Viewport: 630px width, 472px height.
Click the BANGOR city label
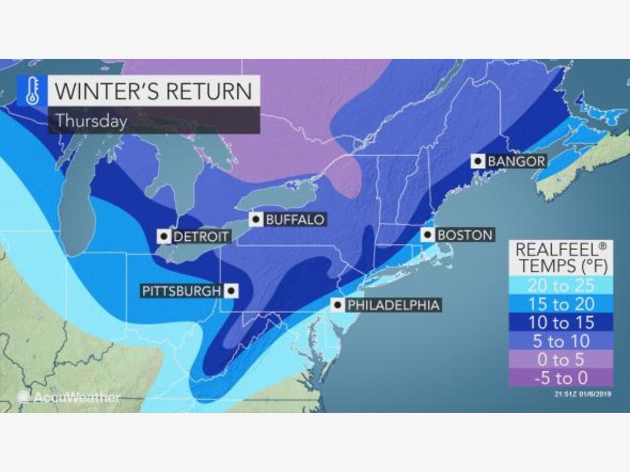517,160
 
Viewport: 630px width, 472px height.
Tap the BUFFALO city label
295,219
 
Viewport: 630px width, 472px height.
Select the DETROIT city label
201,237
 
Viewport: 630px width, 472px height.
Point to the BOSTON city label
465,234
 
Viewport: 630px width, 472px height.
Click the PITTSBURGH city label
181,291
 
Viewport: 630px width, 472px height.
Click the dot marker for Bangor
478,160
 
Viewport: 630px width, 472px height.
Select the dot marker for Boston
428,234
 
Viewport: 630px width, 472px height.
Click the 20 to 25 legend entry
561,285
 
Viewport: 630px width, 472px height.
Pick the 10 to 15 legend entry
561,323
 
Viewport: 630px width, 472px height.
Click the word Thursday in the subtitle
91,121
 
